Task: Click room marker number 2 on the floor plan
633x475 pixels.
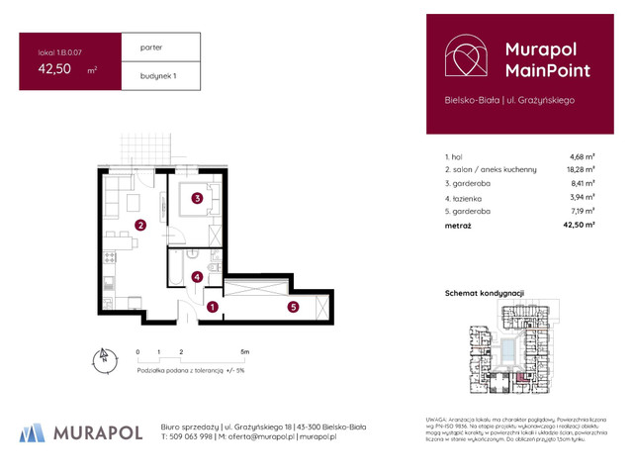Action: [x=141, y=226]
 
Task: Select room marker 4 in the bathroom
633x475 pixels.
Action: [x=198, y=277]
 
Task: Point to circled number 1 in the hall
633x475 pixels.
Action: [x=212, y=307]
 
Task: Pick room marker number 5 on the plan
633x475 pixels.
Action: [x=294, y=307]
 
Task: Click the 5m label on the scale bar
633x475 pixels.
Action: [x=245, y=351]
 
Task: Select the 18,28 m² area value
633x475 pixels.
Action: [x=582, y=169]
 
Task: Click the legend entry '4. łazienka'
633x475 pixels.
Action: [x=468, y=198]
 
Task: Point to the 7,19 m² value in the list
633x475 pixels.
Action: [x=582, y=212]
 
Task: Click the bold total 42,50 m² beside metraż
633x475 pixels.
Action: [x=578, y=227]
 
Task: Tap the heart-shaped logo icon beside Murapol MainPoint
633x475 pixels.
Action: [x=463, y=58]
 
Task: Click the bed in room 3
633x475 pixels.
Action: [x=198, y=201]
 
